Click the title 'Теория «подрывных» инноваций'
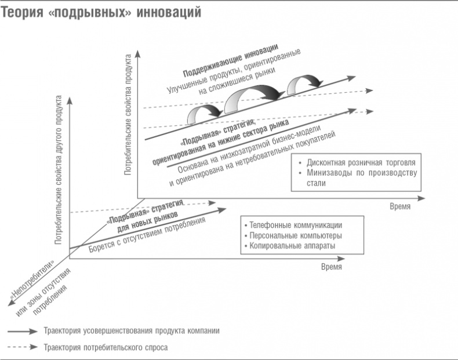[x=101, y=12]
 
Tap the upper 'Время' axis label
[x=400, y=206]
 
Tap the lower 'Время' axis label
[x=332, y=267]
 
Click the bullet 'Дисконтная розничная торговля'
[x=361, y=163]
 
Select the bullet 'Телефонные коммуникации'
[x=296, y=225]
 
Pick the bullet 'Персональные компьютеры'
[x=296, y=235]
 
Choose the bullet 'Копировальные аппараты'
[x=292, y=246]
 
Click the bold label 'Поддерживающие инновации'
[x=231, y=61]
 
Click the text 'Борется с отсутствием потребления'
[x=147, y=235]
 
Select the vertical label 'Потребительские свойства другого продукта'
[x=59, y=170]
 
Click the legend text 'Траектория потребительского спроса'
[x=106, y=347]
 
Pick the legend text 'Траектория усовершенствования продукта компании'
[x=132, y=331]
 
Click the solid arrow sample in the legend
[x=23, y=332]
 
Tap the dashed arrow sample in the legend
[x=23, y=347]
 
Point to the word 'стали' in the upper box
[x=316, y=183]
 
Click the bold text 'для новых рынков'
[x=147, y=222]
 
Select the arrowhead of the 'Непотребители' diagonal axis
[x=11, y=303]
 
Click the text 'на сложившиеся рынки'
[x=237, y=81]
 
